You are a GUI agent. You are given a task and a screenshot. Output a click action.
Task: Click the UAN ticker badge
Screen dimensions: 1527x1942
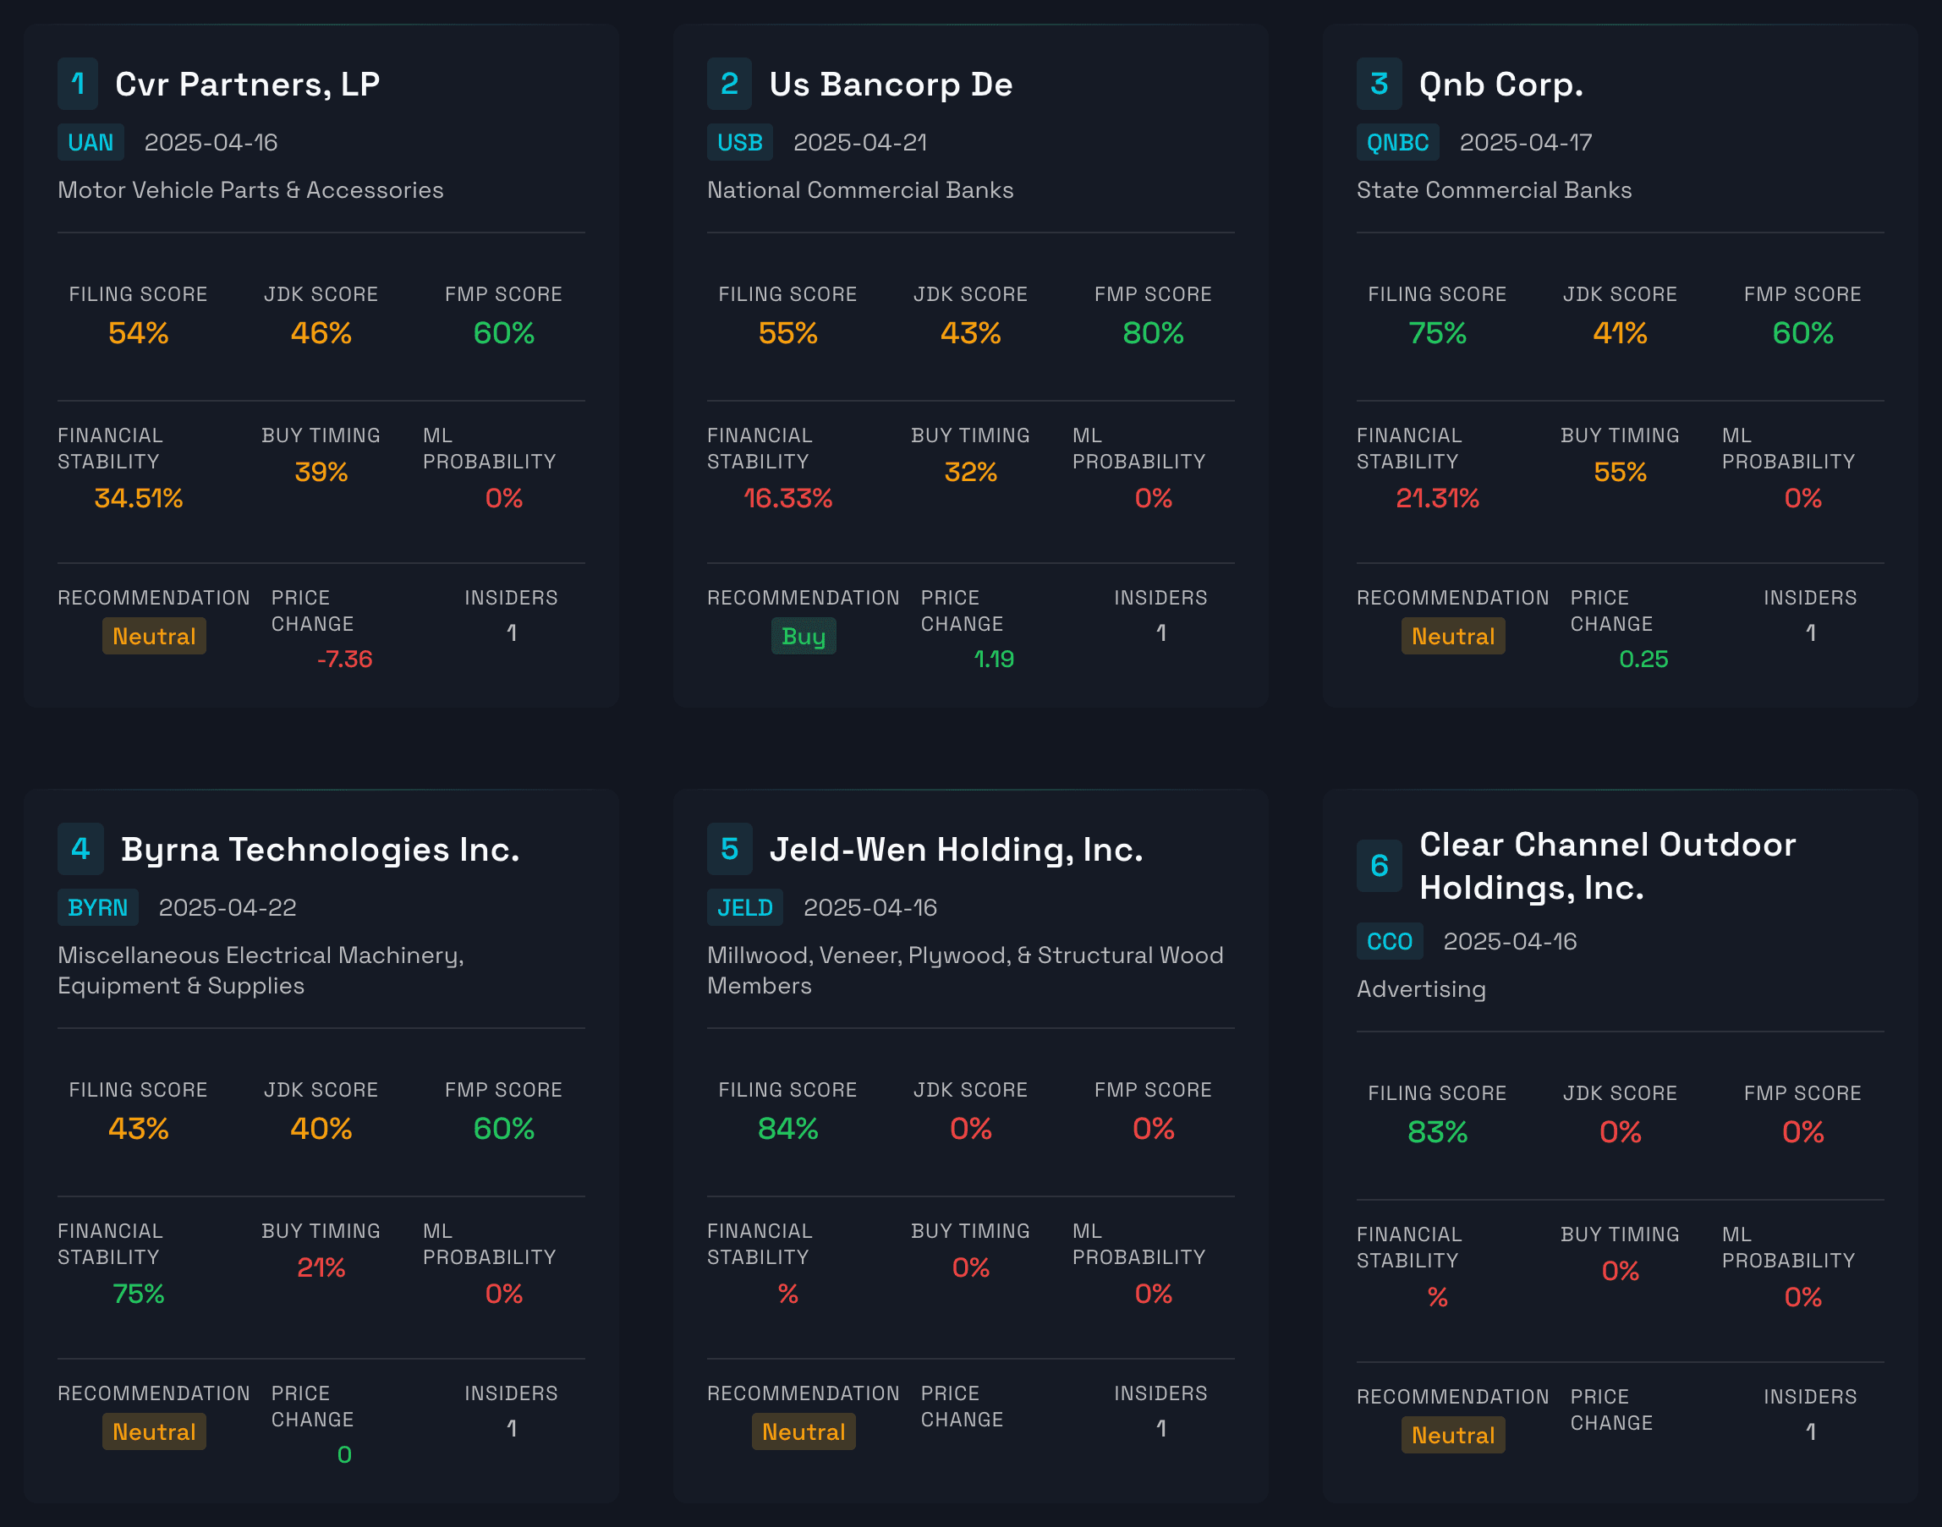point(91,142)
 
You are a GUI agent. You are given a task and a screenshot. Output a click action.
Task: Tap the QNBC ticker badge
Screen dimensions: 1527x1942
point(1396,142)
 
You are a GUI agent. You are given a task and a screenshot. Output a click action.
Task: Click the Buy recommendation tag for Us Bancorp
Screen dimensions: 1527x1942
point(803,636)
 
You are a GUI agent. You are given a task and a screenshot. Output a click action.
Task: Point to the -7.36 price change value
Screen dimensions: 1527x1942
point(344,659)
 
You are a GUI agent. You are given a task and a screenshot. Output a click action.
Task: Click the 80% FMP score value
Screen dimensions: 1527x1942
point(1153,332)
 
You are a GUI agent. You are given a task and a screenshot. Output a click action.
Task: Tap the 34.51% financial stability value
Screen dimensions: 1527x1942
point(139,498)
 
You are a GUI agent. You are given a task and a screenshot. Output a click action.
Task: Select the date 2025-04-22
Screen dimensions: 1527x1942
point(228,907)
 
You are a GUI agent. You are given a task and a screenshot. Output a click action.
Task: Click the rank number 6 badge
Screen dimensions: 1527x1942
point(1379,866)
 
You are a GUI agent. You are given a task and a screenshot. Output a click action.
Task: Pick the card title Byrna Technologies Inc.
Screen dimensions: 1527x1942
point(319,850)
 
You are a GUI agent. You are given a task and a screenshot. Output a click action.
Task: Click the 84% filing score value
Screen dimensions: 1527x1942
point(787,1128)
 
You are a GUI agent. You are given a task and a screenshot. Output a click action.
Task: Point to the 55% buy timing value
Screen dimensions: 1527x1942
point(1619,472)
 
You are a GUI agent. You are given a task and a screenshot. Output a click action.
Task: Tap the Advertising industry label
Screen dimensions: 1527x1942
point(1421,988)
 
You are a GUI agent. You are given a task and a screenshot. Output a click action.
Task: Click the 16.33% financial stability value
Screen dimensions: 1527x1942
point(787,498)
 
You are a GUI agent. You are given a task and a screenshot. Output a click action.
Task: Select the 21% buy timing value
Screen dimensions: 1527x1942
point(320,1267)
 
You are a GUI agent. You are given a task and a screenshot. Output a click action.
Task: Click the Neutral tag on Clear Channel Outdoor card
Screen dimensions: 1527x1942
point(1452,1435)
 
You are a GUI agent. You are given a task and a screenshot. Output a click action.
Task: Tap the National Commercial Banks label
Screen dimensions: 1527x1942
point(859,189)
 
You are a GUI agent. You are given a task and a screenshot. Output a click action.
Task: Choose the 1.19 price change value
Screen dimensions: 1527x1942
point(993,659)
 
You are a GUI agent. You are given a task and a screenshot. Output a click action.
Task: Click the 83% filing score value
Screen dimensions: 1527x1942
point(1437,1132)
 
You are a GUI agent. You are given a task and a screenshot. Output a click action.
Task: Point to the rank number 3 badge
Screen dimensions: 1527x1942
point(1379,84)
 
